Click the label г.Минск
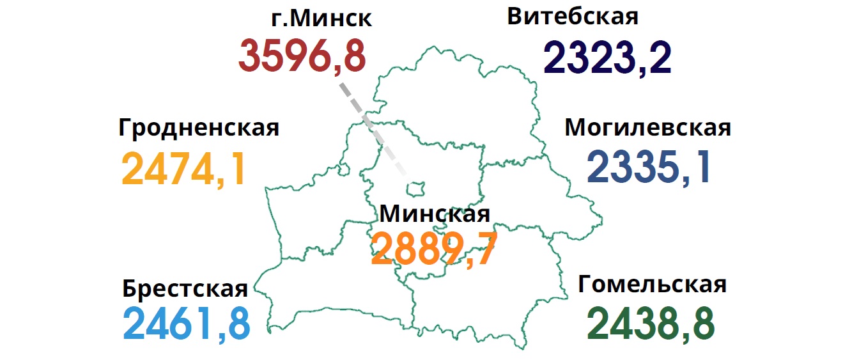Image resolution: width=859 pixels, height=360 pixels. coord(321,19)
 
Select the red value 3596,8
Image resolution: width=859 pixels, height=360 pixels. coord(302,56)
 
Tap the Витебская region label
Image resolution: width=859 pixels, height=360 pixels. coord(573,17)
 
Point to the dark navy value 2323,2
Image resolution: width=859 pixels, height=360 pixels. coord(607,58)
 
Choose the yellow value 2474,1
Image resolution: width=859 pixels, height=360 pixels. coord(184,169)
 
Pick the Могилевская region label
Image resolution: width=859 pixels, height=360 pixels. coord(647,127)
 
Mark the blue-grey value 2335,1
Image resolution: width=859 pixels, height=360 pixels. coord(649,168)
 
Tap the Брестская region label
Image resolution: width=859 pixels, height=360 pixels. coord(185,289)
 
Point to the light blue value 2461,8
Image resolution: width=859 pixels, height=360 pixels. coord(186,324)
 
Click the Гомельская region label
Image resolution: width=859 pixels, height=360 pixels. coord(652,284)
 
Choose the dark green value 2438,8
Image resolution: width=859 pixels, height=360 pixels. coord(651,324)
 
